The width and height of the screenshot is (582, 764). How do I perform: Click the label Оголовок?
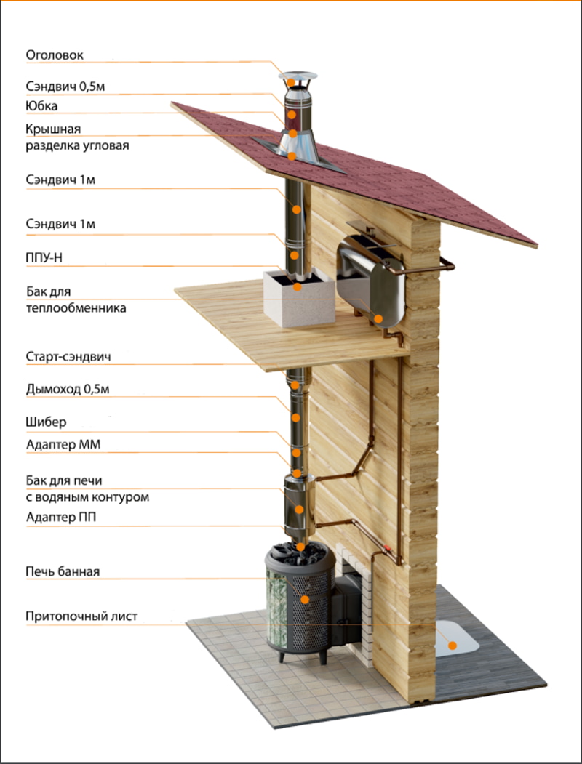(55, 55)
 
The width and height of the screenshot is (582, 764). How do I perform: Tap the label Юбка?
(41, 105)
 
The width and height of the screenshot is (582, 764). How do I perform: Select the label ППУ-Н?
(44, 258)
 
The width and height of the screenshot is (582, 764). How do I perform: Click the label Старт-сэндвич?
(68, 357)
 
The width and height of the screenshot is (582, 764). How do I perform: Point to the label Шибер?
(46, 422)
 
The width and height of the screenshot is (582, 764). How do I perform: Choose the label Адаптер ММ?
(63, 445)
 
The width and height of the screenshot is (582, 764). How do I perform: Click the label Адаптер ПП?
(61, 517)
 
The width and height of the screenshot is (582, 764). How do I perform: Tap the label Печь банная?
(63, 571)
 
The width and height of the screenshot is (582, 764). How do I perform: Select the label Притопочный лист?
(82, 616)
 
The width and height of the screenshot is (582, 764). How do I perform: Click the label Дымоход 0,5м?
(68, 390)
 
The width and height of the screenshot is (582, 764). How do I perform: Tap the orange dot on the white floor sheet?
(453, 646)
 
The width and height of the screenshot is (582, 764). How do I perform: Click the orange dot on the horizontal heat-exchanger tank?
(378, 318)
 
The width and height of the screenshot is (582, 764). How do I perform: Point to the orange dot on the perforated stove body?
(305, 600)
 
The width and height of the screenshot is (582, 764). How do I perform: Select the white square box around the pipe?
(298, 297)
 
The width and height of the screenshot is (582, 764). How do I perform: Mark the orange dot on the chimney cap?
(291, 82)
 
